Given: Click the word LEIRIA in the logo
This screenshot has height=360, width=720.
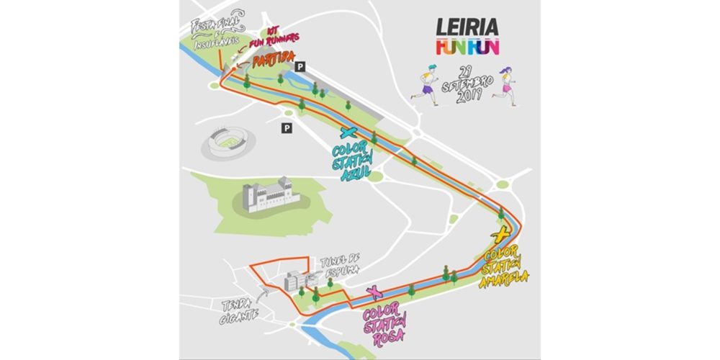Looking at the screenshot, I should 468,28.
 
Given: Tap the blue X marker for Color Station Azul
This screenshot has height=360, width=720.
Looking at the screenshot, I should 349,132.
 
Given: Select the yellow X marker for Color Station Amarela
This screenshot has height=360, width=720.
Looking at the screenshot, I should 500,235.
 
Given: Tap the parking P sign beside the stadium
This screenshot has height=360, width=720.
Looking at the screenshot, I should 287,128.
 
